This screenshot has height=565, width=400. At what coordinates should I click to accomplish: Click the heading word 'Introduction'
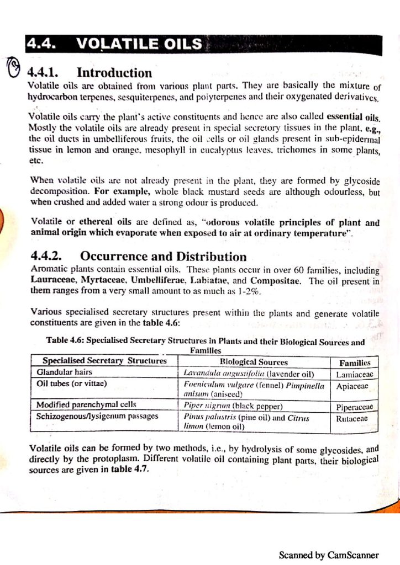114,73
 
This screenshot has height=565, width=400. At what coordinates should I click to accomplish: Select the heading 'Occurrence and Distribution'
163,257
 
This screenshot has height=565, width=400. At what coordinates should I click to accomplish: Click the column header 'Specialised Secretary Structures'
104,361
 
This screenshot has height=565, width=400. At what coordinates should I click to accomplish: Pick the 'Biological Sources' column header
254,362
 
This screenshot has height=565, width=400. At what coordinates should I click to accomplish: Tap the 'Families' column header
355,363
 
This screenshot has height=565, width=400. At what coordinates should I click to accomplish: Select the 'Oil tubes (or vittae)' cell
71,383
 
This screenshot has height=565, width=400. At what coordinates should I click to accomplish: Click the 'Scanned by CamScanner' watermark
329,555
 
